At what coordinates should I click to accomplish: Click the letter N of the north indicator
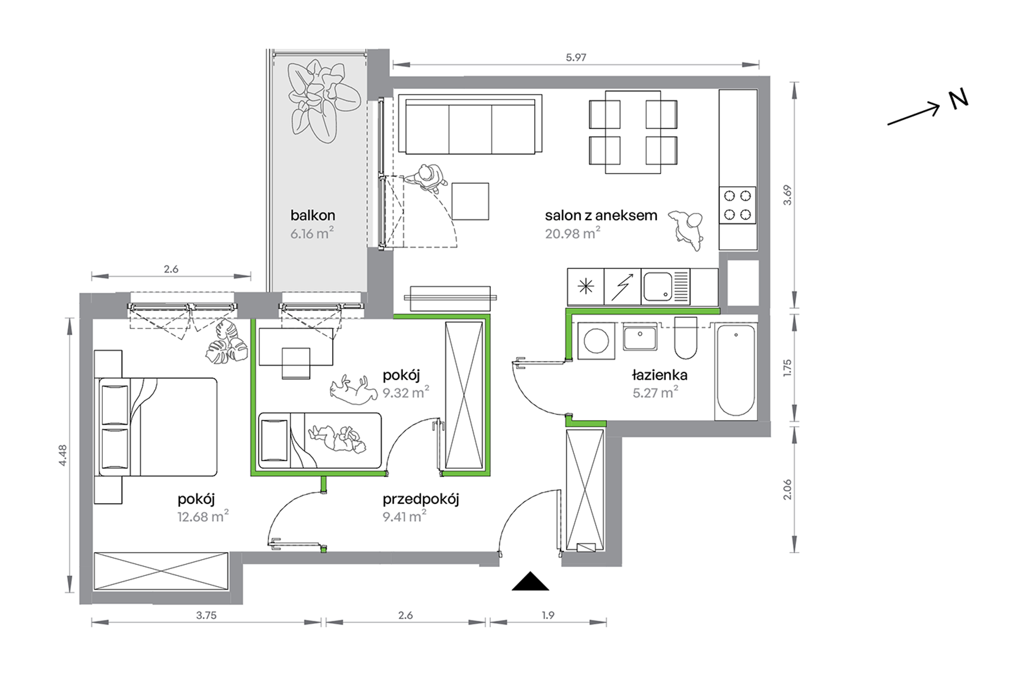click(958, 99)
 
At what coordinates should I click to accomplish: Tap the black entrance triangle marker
click(530, 581)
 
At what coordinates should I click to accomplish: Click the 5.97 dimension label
click(576, 57)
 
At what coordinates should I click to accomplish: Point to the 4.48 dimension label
click(63, 455)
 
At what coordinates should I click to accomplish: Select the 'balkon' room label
click(313, 215)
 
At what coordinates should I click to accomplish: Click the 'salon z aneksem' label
click(601, 215)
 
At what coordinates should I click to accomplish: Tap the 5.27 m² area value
click(655, 392)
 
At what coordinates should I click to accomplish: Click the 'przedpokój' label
click(421, 499)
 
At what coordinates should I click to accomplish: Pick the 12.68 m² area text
click(203, 517)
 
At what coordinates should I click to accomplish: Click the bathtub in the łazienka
click(735, 371)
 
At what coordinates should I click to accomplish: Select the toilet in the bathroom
click(685, 338)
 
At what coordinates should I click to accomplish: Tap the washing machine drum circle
click(596, 340)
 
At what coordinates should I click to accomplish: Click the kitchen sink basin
click(657, 286)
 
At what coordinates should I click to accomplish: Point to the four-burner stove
click(738, 205)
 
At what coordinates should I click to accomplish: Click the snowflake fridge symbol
click(586, 287)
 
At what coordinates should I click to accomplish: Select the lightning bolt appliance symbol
click(622, 286)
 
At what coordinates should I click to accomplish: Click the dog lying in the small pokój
click(351, 390)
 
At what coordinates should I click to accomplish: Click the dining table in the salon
click(633, 132)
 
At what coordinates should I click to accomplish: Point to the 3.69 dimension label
click(786, 195)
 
